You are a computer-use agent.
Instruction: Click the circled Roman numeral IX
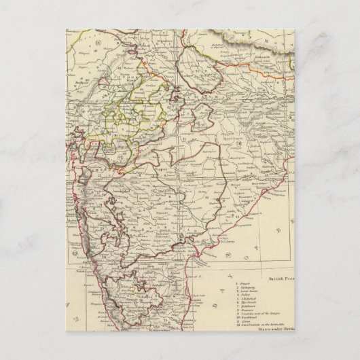[97, 43]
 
